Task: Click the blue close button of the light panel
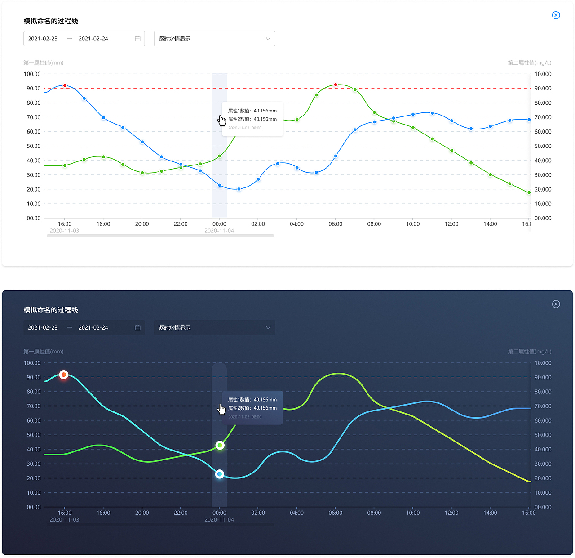556,15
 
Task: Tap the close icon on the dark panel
556,304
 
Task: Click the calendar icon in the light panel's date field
137,39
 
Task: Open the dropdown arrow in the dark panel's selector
268,327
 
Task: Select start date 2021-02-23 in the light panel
43,39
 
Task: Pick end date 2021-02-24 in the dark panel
93,327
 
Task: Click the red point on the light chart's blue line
65,85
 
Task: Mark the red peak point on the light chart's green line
336,85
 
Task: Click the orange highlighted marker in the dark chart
64,375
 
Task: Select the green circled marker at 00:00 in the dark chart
220,445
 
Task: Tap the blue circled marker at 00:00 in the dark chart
220,474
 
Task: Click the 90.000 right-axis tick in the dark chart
543,377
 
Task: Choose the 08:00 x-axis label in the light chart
374,224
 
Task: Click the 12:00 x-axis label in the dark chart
451,513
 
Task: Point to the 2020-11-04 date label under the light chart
219,231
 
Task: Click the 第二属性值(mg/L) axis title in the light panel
529,62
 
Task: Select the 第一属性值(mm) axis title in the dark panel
44,352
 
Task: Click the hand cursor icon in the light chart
222,121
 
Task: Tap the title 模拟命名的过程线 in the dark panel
51,310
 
